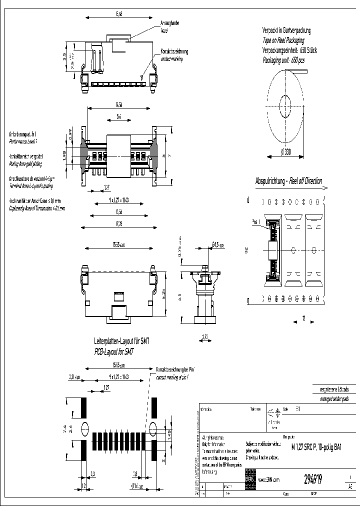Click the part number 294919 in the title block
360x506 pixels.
click(x=313, y=478)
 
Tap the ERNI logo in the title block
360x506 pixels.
click(x=250, y=478)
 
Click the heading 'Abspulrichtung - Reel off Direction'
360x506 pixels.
click(x=288, y=181)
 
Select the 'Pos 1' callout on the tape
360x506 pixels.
click(x=256, y=221)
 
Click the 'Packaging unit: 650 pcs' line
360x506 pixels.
click(x=283, y=60)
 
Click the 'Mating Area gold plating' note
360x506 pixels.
click(x=25, y=163)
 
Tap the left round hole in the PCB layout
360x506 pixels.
click(x=83, y=428)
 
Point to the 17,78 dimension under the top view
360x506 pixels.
click(x=118, y=222)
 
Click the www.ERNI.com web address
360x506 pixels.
click(x=268, y=479)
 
